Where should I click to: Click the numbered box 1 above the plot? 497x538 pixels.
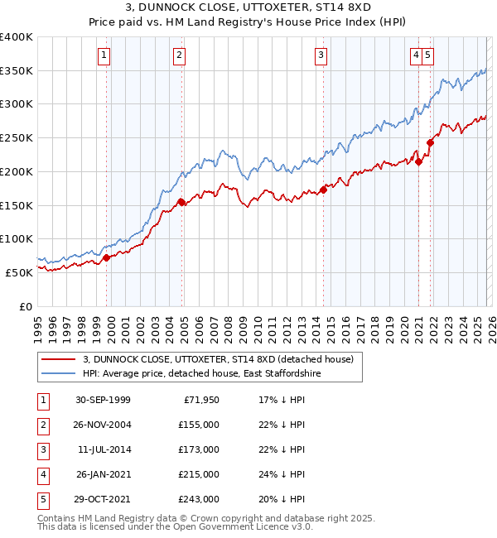[104, 55]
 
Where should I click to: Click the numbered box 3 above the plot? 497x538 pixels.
[321, 55]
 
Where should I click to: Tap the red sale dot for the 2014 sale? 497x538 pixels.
[324, 190]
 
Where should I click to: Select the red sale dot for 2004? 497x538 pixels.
[182, 201]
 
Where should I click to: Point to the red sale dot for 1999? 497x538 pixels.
[107, 257]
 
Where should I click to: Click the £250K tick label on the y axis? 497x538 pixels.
[17, 137]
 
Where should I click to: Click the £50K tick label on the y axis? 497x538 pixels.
[20, 271]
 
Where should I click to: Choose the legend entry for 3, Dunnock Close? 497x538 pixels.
[218, 359]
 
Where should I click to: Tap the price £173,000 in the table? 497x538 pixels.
[199, 449]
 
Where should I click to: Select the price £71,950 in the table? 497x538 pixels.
[201, 400]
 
